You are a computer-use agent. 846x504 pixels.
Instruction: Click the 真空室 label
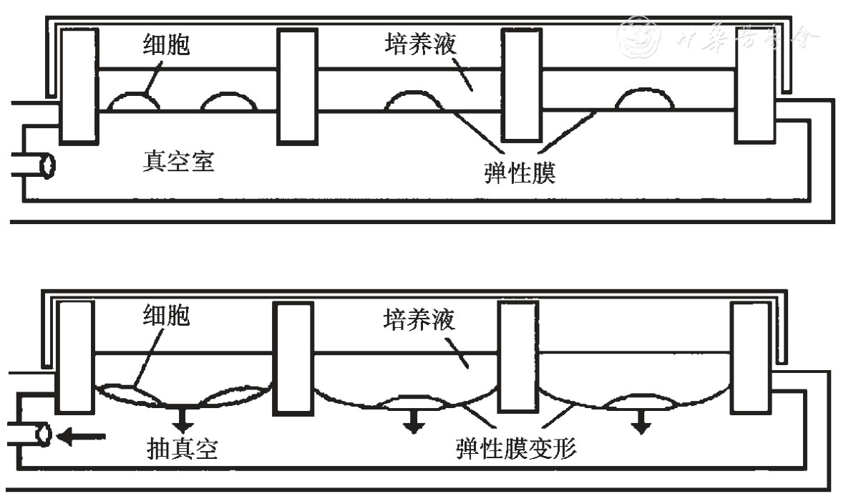click(x=178, y=163)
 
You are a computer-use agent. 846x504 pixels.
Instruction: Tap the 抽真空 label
click(x=180, y=450)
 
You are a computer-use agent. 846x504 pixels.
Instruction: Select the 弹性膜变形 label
click(x=516, y=450)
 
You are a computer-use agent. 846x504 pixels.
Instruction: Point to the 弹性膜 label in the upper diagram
click(x=520, y=173)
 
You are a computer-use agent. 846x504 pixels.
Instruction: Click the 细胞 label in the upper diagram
click(x=165, y=45)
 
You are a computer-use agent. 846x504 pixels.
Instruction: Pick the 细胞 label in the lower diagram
click(x=165, y=315)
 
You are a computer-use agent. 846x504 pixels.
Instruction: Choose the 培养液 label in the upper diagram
click(x=419, y=45)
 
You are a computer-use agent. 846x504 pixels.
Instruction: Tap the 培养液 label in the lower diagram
click(x=419, y=319)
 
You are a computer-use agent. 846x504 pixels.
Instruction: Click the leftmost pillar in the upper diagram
click(x=79, y=86)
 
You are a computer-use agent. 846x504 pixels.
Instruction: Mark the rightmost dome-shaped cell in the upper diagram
click(x=644, y=99)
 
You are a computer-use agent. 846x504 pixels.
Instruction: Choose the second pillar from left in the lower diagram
click(x=293, y=358)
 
